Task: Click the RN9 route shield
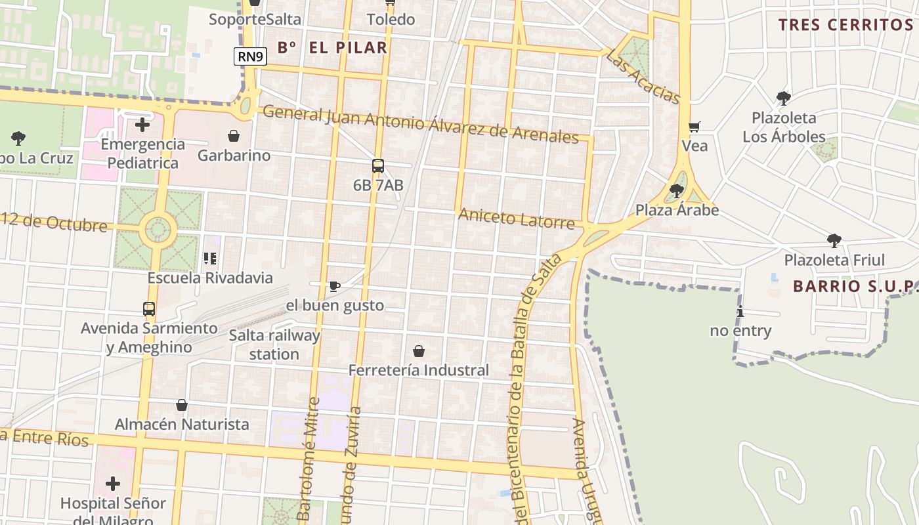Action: [250, 56]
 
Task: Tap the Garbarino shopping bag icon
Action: [233, 136]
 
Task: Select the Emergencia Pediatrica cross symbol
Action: [142, 124]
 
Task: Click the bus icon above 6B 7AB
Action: [377, 166]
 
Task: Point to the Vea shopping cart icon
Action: [694, 127]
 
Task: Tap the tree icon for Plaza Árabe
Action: [676, 191]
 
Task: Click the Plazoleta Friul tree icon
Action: [834, 240]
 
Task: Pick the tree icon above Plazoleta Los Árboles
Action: [783, 98]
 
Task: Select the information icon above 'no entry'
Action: [740, 312]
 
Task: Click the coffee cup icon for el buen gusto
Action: [334, 286]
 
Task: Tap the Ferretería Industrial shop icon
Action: [418, 351]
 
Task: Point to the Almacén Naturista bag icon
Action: [182, 405]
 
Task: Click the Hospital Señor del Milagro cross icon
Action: [113, 484]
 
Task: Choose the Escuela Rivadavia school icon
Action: [210, 259]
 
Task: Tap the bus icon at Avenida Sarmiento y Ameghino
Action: [149, 308]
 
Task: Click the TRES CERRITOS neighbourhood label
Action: [845, 25]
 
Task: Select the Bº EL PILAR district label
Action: [332, 47]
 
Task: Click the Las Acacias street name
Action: [643, 77]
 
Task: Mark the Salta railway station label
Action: [274, 345]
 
